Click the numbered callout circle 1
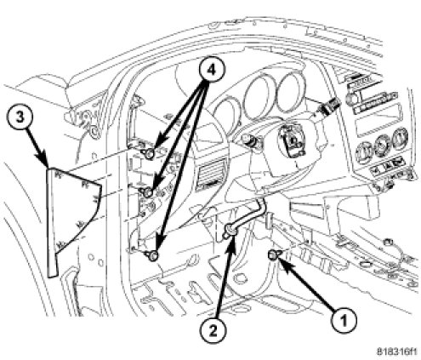point(344,321)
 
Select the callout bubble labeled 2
point(213,331)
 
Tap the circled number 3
point(20,117)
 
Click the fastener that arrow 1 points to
point(273,255)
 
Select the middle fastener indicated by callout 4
point(148,192)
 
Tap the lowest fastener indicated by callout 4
point(152,256)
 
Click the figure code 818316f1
point(397,352)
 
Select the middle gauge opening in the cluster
point(259,100)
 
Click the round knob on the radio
point(354,99)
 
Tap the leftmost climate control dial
point(365,150)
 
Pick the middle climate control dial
point(381,144)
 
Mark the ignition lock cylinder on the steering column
point(248,140)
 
